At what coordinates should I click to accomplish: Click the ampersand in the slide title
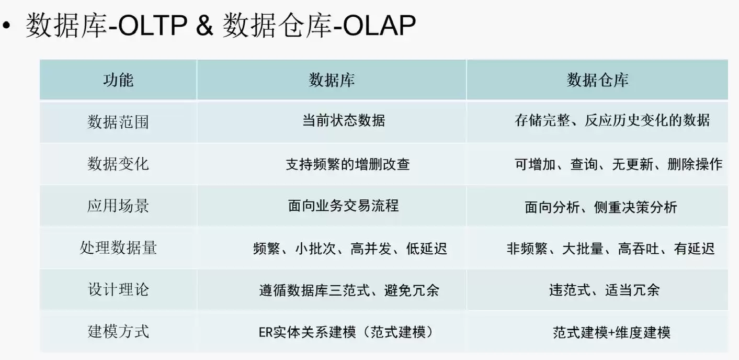click(x=204, y=26)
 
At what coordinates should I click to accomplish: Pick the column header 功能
click(x=118, y=80)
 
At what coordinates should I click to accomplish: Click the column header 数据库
click(x=332, y=80)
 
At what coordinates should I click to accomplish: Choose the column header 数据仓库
click(x=597, y=80)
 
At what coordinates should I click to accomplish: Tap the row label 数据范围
click(x=118, y=122)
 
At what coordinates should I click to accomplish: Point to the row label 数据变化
click(x=118, y=164)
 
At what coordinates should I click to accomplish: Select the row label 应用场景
click(x=118, y=206)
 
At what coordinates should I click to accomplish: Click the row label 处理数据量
click(x=118, y=248)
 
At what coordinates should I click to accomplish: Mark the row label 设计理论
click(x=118, y=289)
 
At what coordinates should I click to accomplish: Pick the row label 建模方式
click(x=118, y=331)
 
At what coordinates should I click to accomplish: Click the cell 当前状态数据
click(x=344, y=121)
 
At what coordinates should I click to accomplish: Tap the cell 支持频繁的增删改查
click(x=347, y=164)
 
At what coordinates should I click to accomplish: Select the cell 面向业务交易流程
click(x=343, y=206)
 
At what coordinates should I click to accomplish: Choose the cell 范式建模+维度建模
click(x=611, y=332)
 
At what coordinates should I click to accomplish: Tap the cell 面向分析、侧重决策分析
click(x=601, y=207)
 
